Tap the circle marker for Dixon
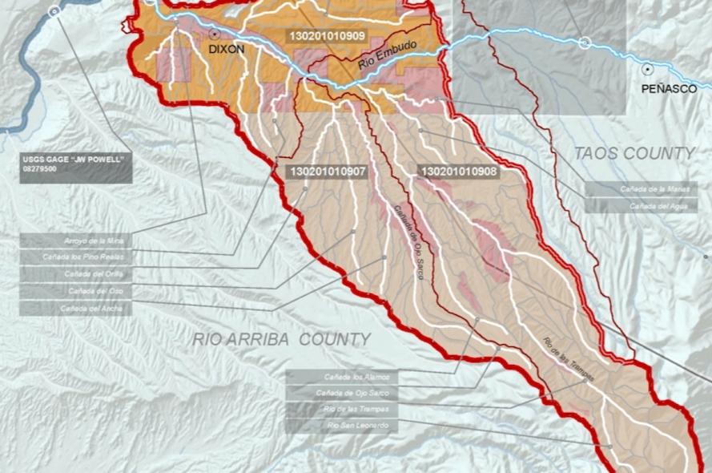click(215, 34)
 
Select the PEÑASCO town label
click(669, 89)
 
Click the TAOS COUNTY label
click(634, 153)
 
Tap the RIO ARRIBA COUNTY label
click(281, 339)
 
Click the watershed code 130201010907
click(328, 172)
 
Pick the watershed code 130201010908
click(459, 172)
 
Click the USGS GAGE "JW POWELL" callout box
click(76, 165)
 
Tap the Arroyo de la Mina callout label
click(76, 241)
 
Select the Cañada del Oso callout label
click(76, 291)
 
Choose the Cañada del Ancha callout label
click(76, 308)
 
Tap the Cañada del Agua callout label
click(641, 206)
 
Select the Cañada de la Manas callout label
click(641, 189)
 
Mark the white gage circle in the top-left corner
click(54, 11)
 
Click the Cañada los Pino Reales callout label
click(76, 257)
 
